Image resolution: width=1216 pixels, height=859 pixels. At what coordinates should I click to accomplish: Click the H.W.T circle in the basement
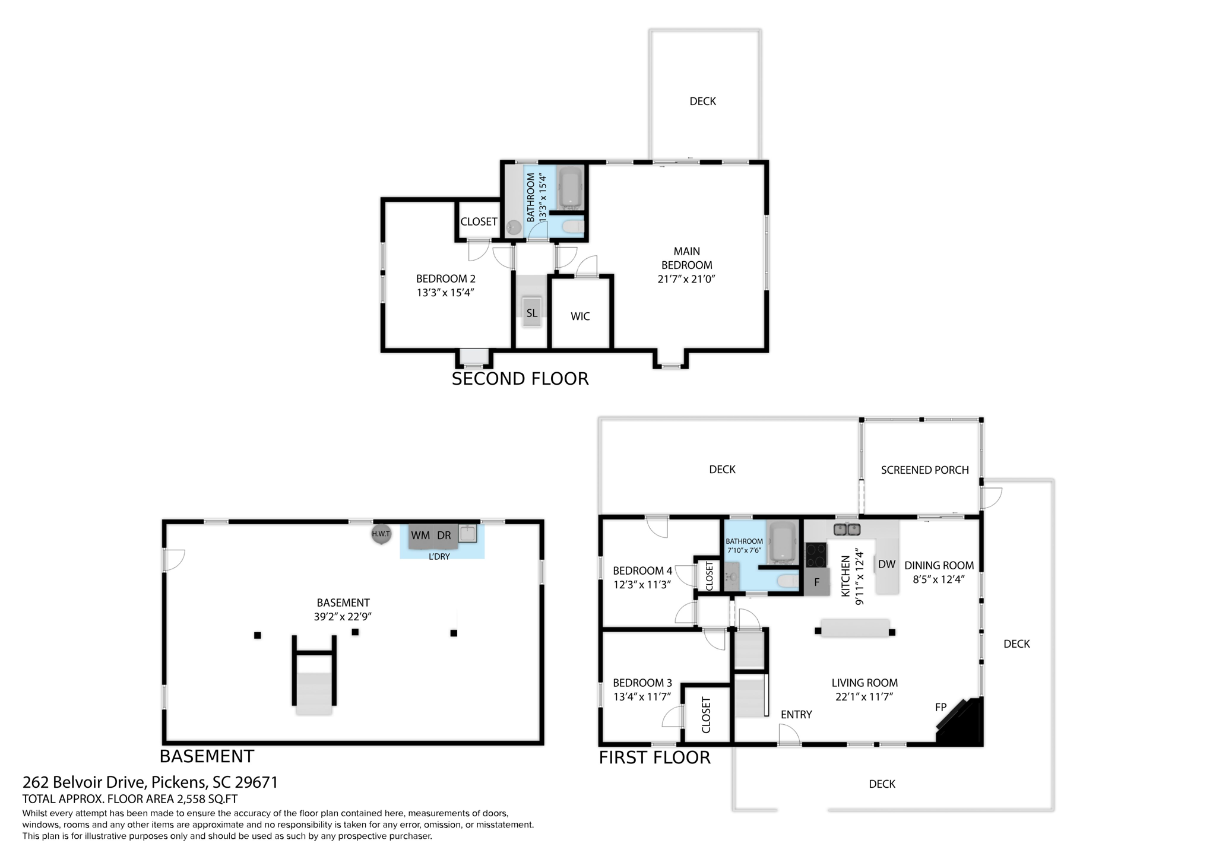(381, 534)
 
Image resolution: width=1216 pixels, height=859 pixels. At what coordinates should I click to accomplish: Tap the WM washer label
(420, 535)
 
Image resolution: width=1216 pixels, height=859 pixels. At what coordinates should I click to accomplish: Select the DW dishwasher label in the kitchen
(886, 565)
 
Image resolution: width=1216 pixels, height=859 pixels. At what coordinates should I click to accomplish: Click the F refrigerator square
(816, 583)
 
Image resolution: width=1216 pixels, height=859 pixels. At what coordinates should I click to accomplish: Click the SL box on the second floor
(531, 313)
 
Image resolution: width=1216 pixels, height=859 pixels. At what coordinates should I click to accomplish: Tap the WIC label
(580, 316)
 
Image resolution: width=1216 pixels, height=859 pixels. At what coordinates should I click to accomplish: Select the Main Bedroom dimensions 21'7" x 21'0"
(686, 279)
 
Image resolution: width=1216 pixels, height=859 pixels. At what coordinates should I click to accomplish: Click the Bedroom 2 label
(445, 278)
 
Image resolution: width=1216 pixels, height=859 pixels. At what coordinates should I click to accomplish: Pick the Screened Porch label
(924, 470)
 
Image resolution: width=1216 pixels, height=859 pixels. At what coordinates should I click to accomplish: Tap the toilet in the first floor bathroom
(788, 581)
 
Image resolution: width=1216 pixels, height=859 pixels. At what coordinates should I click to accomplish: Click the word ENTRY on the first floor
(796, 715)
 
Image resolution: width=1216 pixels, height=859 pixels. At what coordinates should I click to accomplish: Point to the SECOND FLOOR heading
(520, 379)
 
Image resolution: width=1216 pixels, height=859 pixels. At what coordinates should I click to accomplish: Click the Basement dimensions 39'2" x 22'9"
(343, 617)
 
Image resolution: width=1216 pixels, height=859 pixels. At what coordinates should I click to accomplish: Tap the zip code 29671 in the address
(256, 782)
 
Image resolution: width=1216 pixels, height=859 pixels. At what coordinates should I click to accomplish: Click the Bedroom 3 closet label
(705, 715)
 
